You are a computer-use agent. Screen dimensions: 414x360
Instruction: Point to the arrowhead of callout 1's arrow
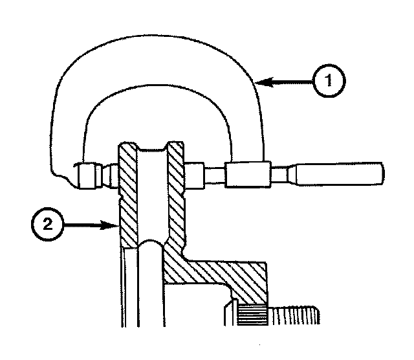coord(258,82)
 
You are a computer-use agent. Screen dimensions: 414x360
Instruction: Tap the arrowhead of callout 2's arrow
coord(113,225)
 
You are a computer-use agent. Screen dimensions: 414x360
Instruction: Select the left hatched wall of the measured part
coord(128,201)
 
